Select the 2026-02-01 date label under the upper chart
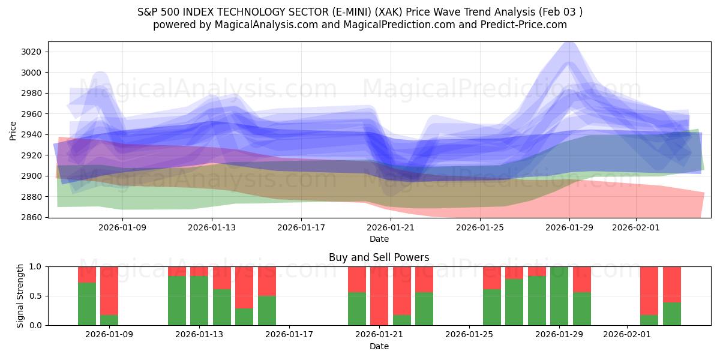pyautogui.click(x=636, y=228)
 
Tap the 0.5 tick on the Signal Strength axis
pyautogui.click(x=36, y=296)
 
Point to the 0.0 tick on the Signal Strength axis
pyautogui.click(x=36, y=325)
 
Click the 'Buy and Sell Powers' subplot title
pyautogui.click(x=379, y=257)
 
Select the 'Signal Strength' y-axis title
pyautogui.click(x=20, y=296)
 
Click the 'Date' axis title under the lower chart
pyautogui.click(x=379, y=346)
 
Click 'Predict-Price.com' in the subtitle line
pyautogui.click(x=520, y=25)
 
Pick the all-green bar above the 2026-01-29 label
pyautogui.click(x=559, y=296)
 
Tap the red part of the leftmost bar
pyautogui.click(x=87, y=274)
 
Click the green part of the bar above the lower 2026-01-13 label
pyautogui.click(x=199, y=300)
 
